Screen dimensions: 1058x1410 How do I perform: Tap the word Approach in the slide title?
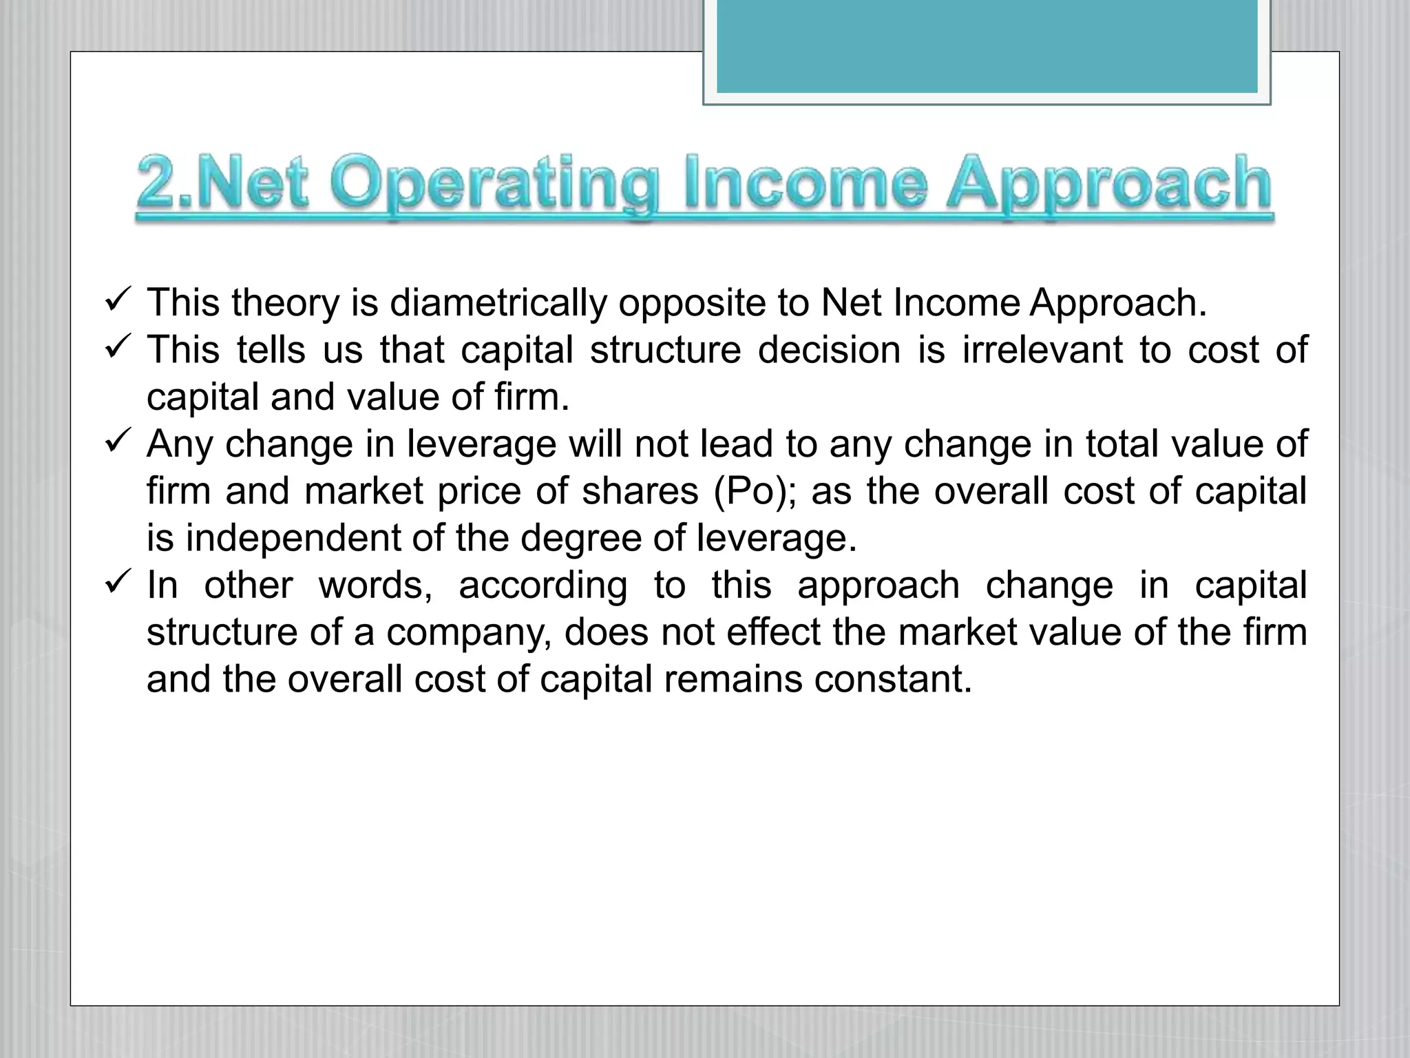(x=1108, y=184)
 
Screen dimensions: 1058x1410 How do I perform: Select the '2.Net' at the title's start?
(x=222, y=184)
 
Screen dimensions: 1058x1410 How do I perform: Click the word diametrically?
(x=498, y=303)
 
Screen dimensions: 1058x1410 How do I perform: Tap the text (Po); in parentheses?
(x=755, y=492)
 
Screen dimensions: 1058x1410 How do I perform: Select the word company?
(x=468, y=633)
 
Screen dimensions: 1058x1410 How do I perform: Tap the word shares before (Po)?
(x=640, y=491)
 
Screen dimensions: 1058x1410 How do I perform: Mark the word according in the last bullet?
(x=543, y=586)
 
